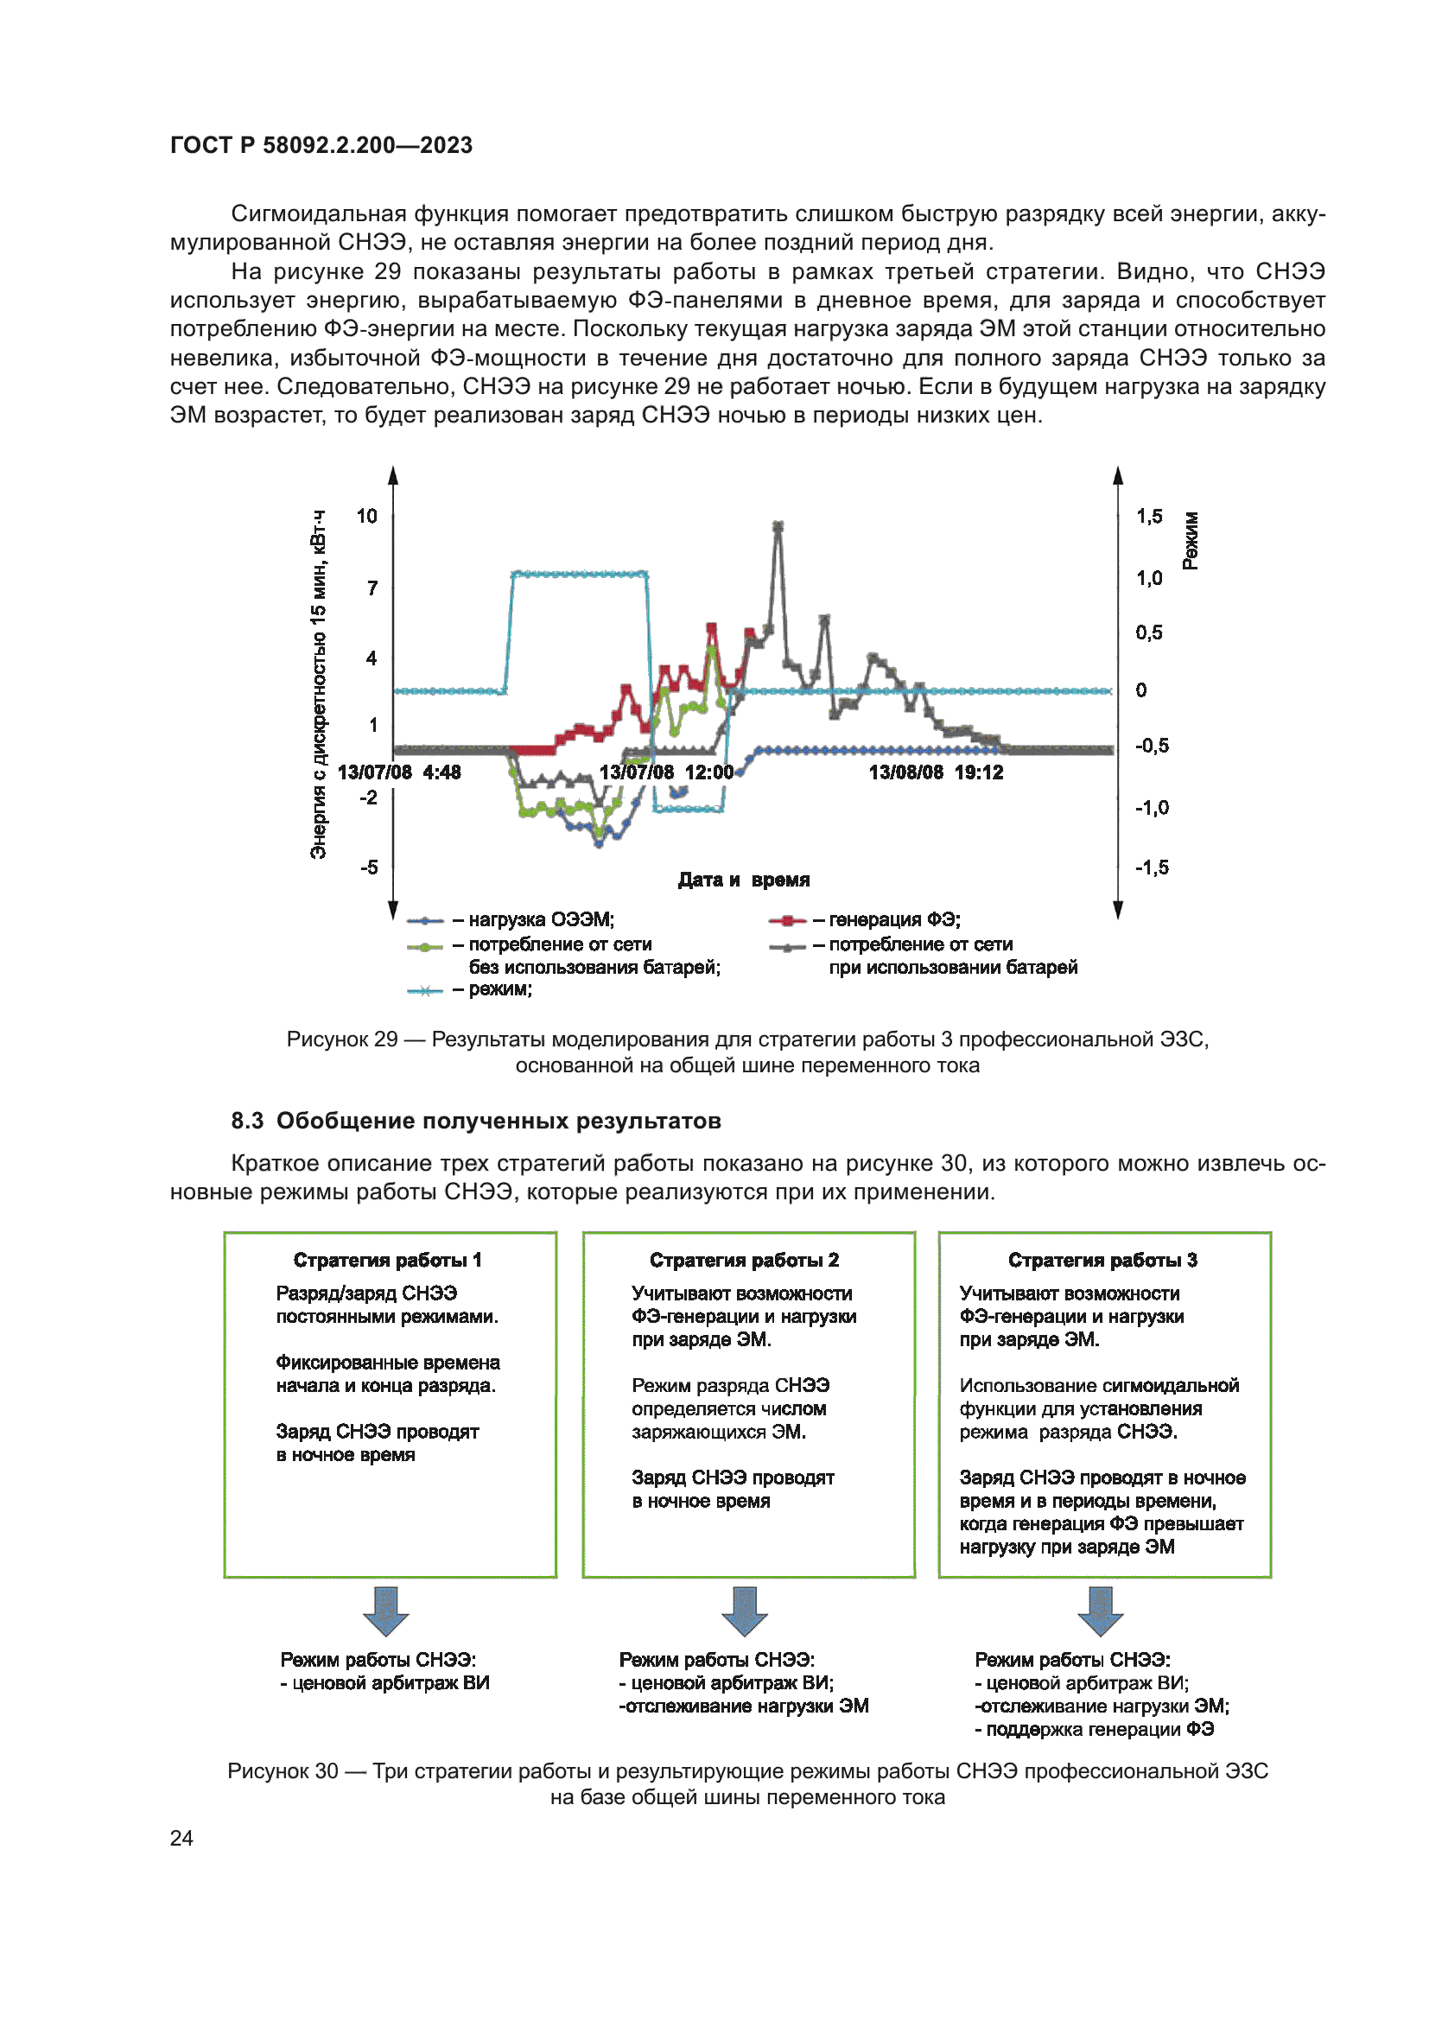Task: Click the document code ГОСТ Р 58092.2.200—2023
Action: pos(321,145)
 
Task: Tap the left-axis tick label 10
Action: pos(366,516)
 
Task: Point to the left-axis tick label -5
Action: pos(369,867)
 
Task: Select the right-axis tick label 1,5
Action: pos(1148,517)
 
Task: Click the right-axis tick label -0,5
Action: pos(1151,747)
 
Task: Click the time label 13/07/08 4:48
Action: pos(399,772)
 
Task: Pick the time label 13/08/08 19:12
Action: pos(936,772)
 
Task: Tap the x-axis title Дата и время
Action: pos(744,880)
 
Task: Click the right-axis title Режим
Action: pos(1190,540)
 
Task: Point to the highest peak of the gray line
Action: pos(778,526)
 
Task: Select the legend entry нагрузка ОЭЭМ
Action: pos(540,919)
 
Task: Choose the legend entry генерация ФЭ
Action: pos(894,919)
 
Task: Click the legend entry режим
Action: pos(499,988)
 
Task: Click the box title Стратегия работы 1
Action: pos(387,1260)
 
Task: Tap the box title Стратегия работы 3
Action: pos(1102,1260)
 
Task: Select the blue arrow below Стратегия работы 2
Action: pos(745,1611)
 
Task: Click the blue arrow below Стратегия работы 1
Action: pos(385,1611)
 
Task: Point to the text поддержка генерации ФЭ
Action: pos(1099,1729)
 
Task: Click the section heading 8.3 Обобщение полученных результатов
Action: pos(476,1121)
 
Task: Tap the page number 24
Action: pos(181,1838)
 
